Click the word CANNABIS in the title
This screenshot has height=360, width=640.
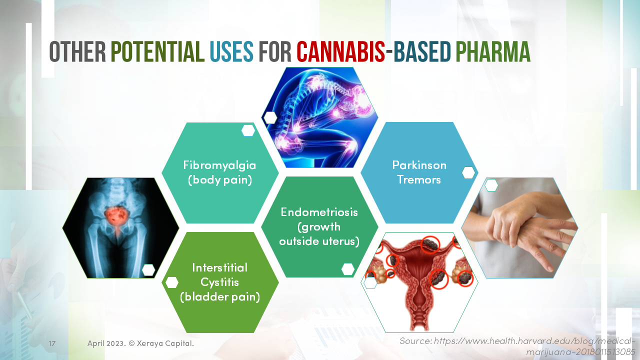coord(340,51)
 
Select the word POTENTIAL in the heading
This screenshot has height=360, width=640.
coord(157,51)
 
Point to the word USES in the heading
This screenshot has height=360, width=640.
coord(231,51)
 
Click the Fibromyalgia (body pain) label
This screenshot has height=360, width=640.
coord(219,172)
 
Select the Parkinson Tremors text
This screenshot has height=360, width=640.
coord(419,172)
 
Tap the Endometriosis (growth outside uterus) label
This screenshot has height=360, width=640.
coord(319,226)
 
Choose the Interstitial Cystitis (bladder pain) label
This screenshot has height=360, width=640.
coord(219,282)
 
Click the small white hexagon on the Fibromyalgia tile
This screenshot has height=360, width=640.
coord(248,130)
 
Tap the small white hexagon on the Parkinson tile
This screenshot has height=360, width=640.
coord(468,173)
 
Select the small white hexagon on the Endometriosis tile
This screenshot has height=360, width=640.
coord(348,269)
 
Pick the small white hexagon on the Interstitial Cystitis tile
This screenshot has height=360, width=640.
coord(172,282)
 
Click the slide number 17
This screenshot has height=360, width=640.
coord(52,344)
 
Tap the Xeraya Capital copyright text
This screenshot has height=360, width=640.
coord(140,344)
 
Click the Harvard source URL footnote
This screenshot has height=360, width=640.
coord(517,346)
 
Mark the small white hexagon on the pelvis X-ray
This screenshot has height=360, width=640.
coord(148,270)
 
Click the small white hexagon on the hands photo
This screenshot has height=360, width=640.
coord(491,185)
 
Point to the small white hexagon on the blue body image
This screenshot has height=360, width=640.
coord(270,117)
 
